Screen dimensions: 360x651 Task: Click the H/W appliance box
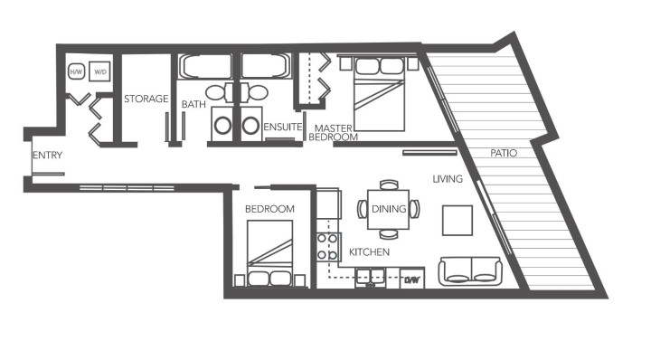(76, 70)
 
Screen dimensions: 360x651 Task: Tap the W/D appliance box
(99, 70)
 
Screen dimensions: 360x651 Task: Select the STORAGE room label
(146, 99)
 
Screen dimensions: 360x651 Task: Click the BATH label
(193, 105)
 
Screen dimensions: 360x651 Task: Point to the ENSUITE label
(282, 127)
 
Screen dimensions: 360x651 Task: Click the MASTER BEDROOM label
(333, 132)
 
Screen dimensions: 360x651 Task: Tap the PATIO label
(504, 153)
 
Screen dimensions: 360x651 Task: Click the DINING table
(389, 209)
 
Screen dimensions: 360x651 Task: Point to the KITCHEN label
(369, 251)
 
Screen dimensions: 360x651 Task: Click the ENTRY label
(47, 156)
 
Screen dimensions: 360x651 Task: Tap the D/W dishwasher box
(413, 279)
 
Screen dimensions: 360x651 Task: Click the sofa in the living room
(470, 270)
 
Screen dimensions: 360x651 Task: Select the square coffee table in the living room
(457, 220)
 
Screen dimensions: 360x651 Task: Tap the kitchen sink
(371, 276)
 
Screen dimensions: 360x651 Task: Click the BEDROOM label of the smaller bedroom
(269, 209)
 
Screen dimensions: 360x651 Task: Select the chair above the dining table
(389, 185)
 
